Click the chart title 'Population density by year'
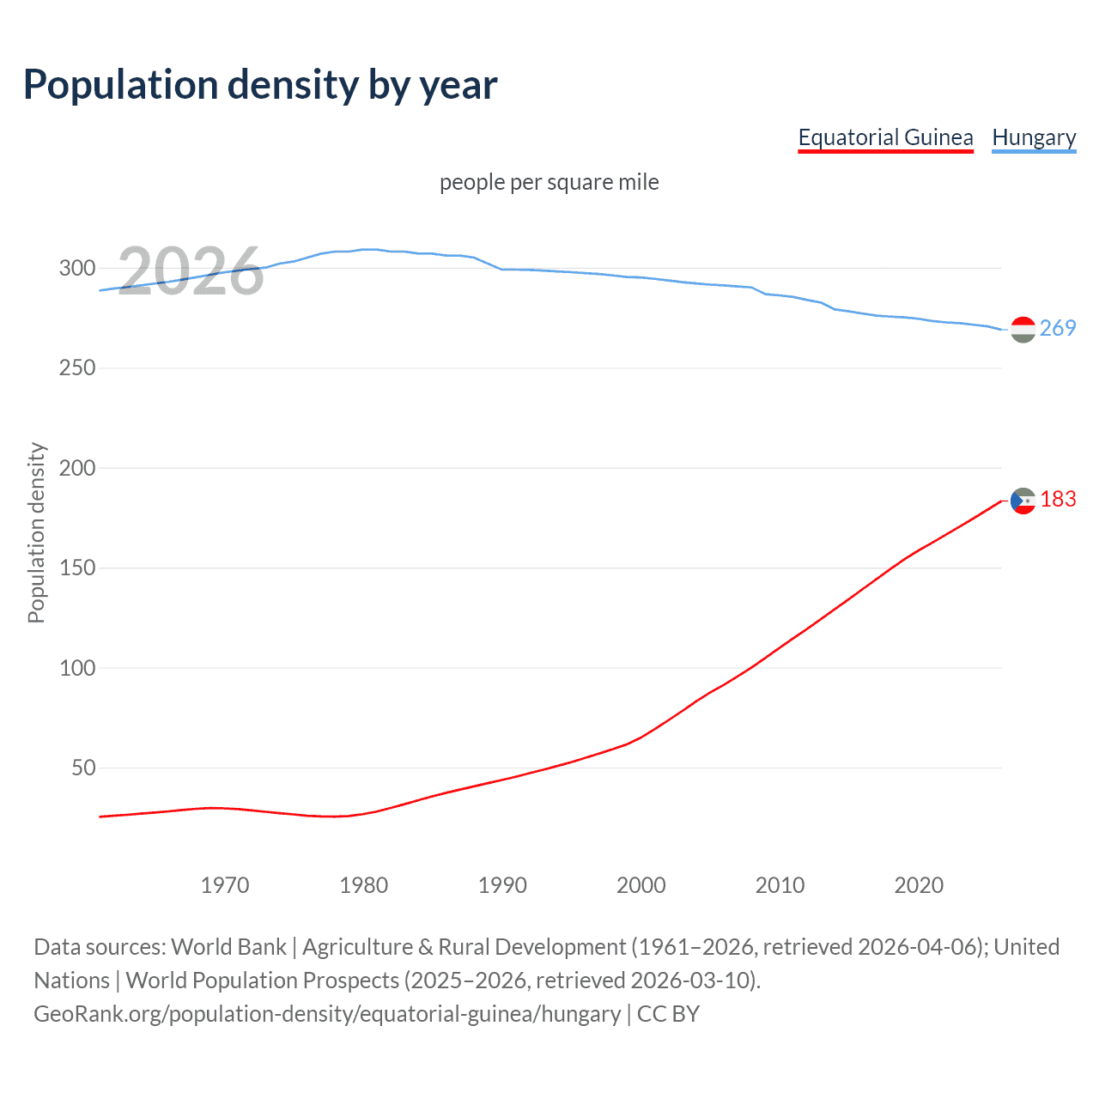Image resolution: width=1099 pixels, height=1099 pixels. point(260,85)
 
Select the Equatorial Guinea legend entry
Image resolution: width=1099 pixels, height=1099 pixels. point(885,137)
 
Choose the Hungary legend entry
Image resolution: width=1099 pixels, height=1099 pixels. point(1034,137)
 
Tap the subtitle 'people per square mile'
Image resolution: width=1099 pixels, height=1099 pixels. point(549,182)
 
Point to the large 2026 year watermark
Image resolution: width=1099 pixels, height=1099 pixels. point(191,271)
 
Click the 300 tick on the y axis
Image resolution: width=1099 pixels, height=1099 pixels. point(77,268)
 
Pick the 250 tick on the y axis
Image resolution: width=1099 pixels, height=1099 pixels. point(77,367)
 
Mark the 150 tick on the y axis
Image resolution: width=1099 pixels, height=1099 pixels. point(77,568)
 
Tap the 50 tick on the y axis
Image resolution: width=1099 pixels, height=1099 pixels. point(83,768)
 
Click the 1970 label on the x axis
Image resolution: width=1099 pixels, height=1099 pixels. point(225,885)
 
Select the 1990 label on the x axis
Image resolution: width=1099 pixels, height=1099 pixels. point(502,885)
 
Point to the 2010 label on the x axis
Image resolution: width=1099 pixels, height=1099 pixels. point(780,885)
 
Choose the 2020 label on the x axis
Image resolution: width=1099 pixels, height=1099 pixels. point(919,885)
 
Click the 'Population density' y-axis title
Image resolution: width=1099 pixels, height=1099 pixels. point(36,532)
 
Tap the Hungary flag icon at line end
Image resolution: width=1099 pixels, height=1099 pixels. point(1023,329)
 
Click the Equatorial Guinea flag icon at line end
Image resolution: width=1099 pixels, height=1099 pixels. point(1023,501)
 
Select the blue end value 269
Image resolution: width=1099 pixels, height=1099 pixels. point(1058,328)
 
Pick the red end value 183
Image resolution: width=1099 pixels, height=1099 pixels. point(1058,499)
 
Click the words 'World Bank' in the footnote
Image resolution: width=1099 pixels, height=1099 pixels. point(228,946)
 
